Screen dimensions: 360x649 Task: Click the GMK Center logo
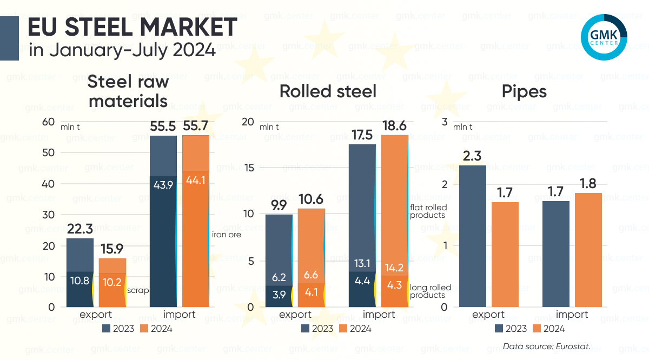604,37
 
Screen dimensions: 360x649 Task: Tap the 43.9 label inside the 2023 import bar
163,185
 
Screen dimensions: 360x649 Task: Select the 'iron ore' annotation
226,235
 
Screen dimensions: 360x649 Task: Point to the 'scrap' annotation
137,290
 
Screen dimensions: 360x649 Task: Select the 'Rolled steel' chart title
328,91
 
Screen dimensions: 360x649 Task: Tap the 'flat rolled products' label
427,211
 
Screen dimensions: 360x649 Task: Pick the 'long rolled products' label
431,291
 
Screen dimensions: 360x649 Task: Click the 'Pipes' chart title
524,91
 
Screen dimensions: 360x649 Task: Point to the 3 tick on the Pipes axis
445,122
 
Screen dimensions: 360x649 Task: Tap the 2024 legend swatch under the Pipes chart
537,328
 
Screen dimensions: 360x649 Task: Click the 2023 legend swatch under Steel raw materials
106,328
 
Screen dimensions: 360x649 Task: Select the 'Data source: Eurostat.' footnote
547,346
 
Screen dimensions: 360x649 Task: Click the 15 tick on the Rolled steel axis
249,168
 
